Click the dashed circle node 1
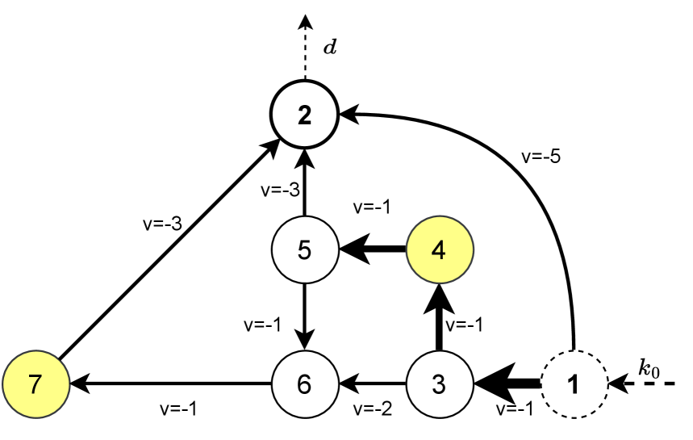[573, 383]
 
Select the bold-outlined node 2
[304, 116]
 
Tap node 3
[438, 383]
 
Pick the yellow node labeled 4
[438, 249]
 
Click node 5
[304, 249]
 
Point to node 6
[304, 383]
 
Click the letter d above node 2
[329, 47]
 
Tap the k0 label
[648, 369]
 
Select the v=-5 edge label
[541, 157]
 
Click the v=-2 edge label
[374, 409]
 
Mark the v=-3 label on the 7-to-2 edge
[162, 224]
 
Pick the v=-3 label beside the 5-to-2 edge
[280, 191]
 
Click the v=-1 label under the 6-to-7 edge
[178, 409]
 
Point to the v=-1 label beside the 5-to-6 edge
[262, 325]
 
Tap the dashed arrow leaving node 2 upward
[304, 48]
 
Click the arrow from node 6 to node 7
[169, 383]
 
